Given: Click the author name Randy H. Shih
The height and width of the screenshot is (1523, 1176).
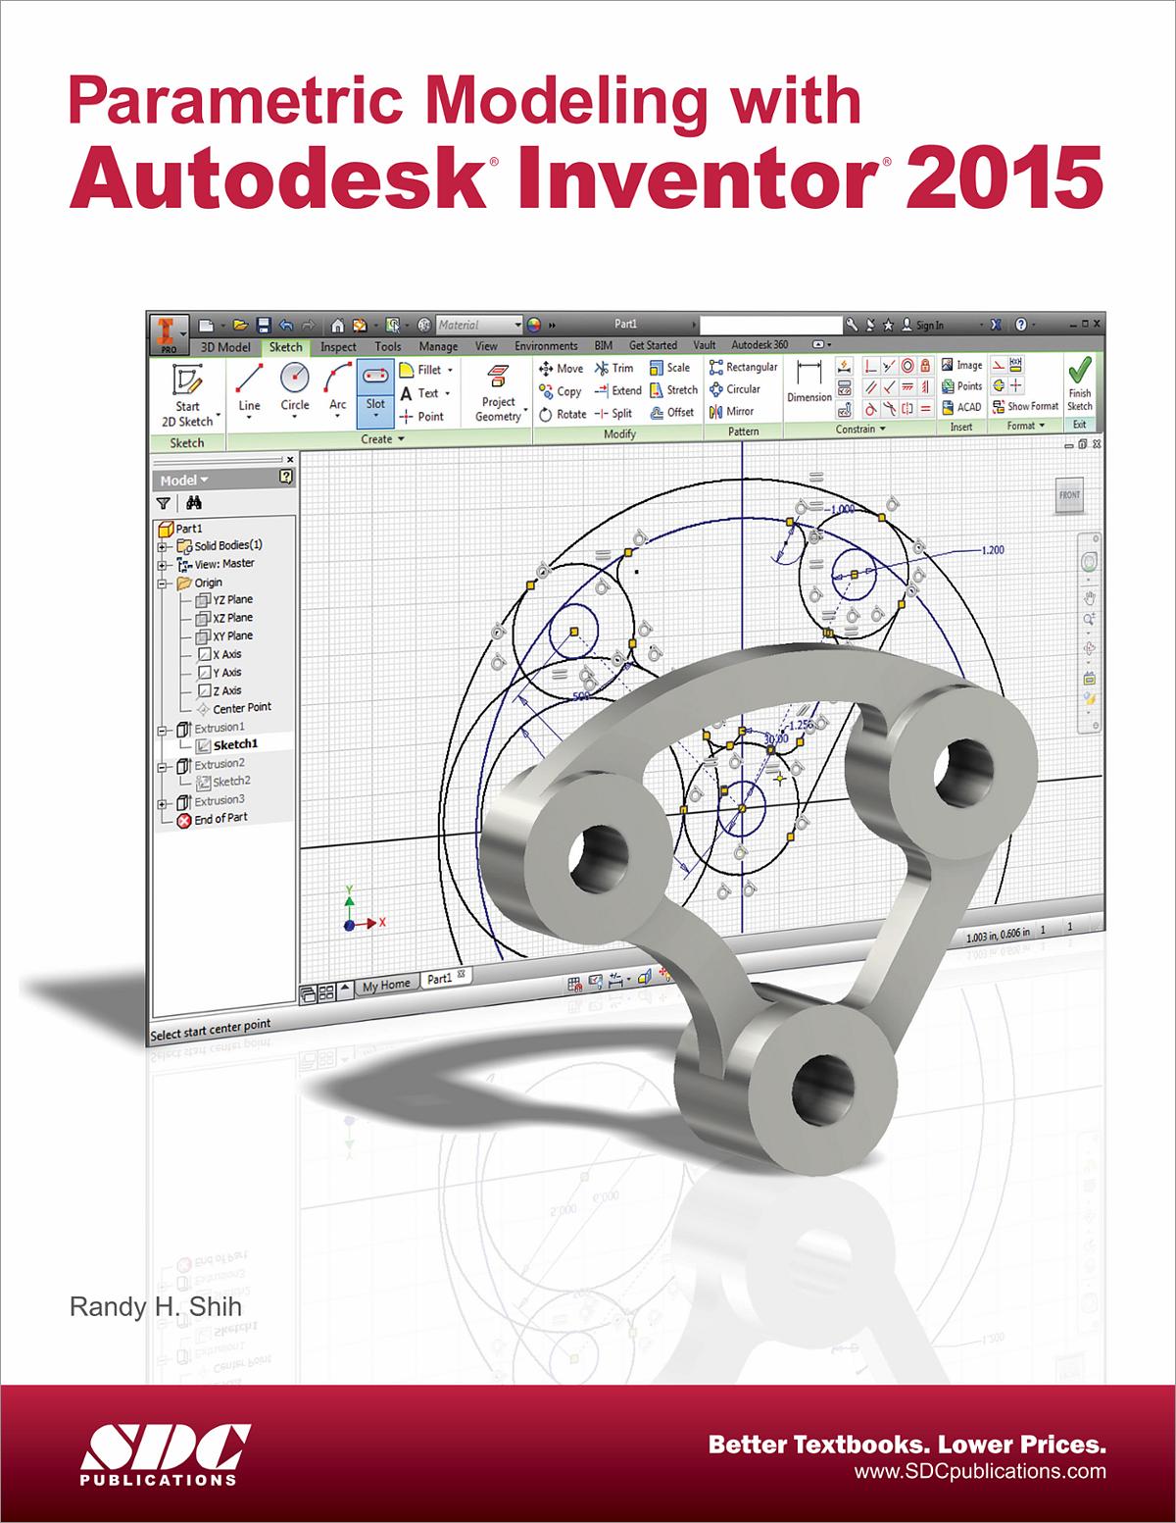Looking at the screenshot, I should (x=155, y=1307).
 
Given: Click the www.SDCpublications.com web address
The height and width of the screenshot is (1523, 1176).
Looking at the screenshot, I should (x=979, y=1471).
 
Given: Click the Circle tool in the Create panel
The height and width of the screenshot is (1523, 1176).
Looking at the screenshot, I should (x=294, y=390).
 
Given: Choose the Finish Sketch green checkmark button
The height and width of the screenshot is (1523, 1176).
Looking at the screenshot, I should (x=1079, y=384).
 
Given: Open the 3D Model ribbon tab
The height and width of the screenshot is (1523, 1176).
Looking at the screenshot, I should (x=225, y=346).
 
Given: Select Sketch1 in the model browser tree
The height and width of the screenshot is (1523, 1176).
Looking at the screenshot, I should (x=234, y=744).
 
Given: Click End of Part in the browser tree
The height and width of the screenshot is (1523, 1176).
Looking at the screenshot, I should (x=220, y=818).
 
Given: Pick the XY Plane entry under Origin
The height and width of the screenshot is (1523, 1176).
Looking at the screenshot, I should (x=232, y=635).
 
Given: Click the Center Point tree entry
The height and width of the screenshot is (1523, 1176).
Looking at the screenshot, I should (x=241, y=707).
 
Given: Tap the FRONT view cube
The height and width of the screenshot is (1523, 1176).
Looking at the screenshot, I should (x=1068, y=495).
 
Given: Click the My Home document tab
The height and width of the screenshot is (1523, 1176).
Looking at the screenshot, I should (x=385, y=985).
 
